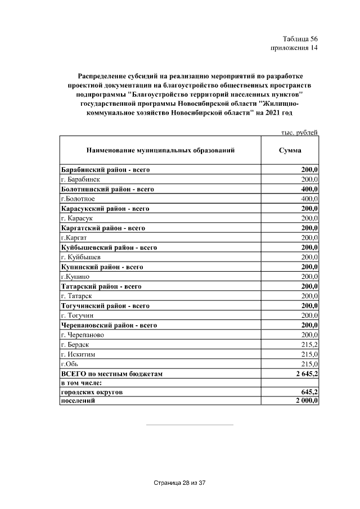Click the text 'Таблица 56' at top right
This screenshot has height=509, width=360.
(300, 39)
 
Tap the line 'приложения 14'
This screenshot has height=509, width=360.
(294, 48)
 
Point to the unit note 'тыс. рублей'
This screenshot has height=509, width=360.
(299, 133)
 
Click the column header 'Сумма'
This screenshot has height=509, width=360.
(290, 151)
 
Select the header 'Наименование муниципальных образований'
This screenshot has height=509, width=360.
(160, 151)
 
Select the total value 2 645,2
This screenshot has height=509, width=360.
(306, 373)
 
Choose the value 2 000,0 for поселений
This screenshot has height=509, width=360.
(306, 400)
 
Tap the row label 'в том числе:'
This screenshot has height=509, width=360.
(81, 382)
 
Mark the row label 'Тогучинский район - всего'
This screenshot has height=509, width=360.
(105, 305)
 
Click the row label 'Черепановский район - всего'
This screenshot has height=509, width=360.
(109, 325)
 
